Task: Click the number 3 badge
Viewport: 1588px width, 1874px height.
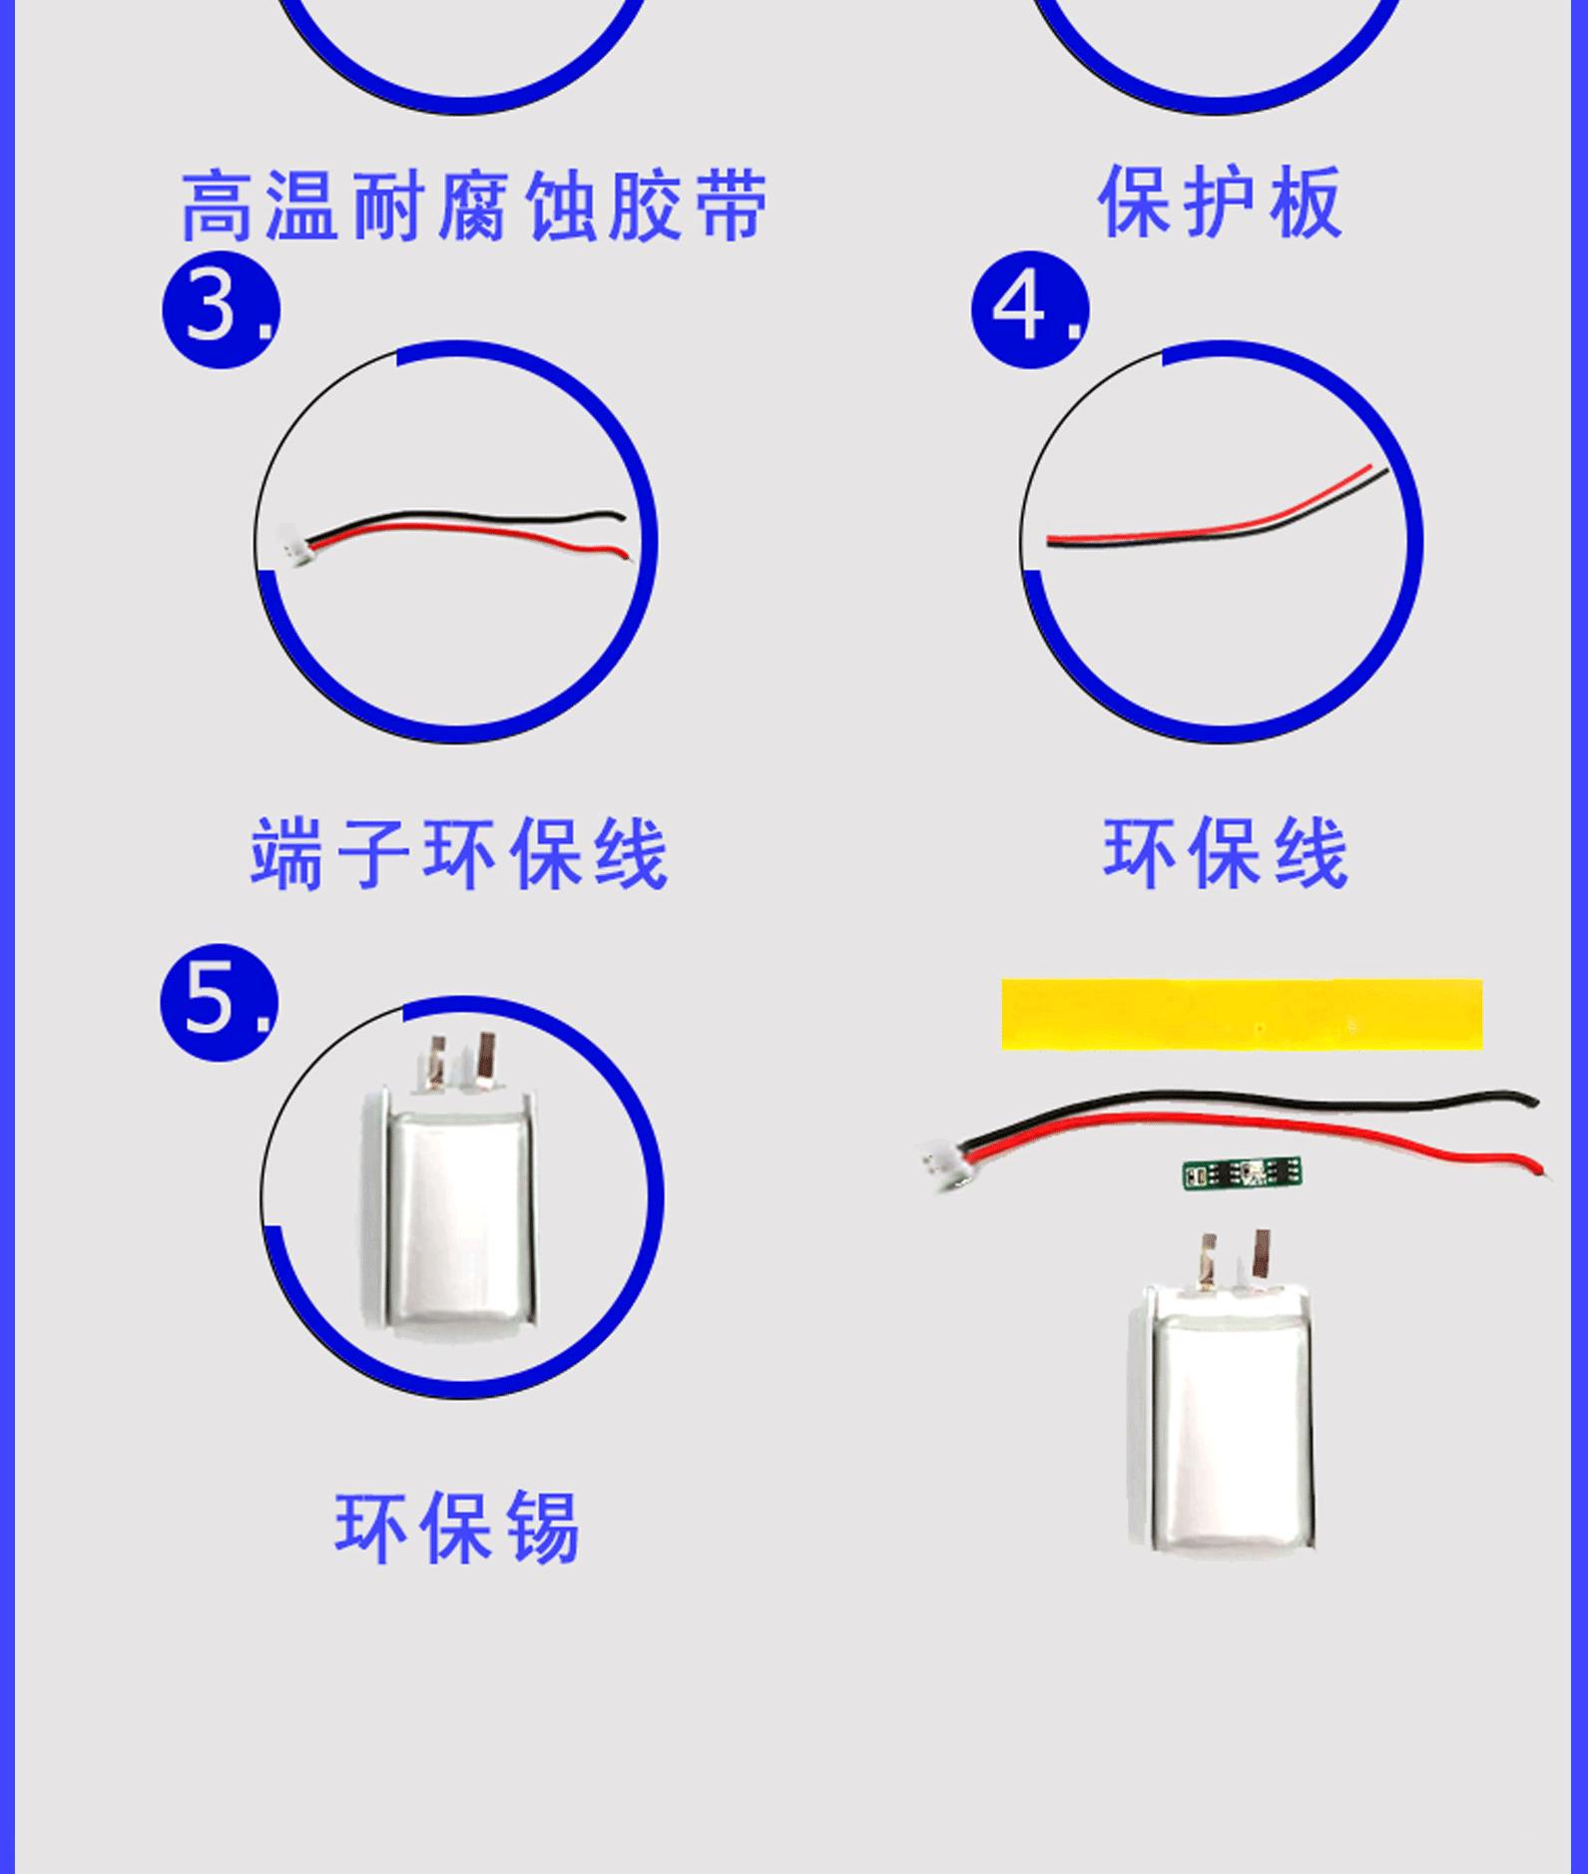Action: pyautogui.click(x=221, y=309)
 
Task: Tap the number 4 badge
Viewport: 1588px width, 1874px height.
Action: pyautogui.click(x=1030, y=309)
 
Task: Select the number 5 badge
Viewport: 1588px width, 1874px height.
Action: pyautogui.click(x=220, y=1002)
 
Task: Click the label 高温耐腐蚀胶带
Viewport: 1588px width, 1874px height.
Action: pyautogui.click(x=475, y=206)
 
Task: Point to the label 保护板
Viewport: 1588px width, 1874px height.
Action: pyautogui.click(x=1220, y=202)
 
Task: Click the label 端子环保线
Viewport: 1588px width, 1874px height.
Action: pyautogui.click(x=459, y=853)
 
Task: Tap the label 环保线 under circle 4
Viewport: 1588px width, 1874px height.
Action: pyautogui.click(x=1226, y=852)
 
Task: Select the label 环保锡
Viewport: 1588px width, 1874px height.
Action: pyautogui.click(x=457, y=1528)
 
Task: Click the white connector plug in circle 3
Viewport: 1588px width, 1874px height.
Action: pyautogui.click(x=292, y=545)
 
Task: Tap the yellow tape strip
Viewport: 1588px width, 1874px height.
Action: pyautogui.click(x=1242, y=1015)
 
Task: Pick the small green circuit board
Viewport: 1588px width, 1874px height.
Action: pyautogui.click(x=1242, y=1173)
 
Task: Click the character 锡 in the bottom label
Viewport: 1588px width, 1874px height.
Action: pyautogui.click(x=544, y=1528)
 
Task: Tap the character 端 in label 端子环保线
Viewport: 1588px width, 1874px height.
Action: pyautogui.click(x=287, y=853)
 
